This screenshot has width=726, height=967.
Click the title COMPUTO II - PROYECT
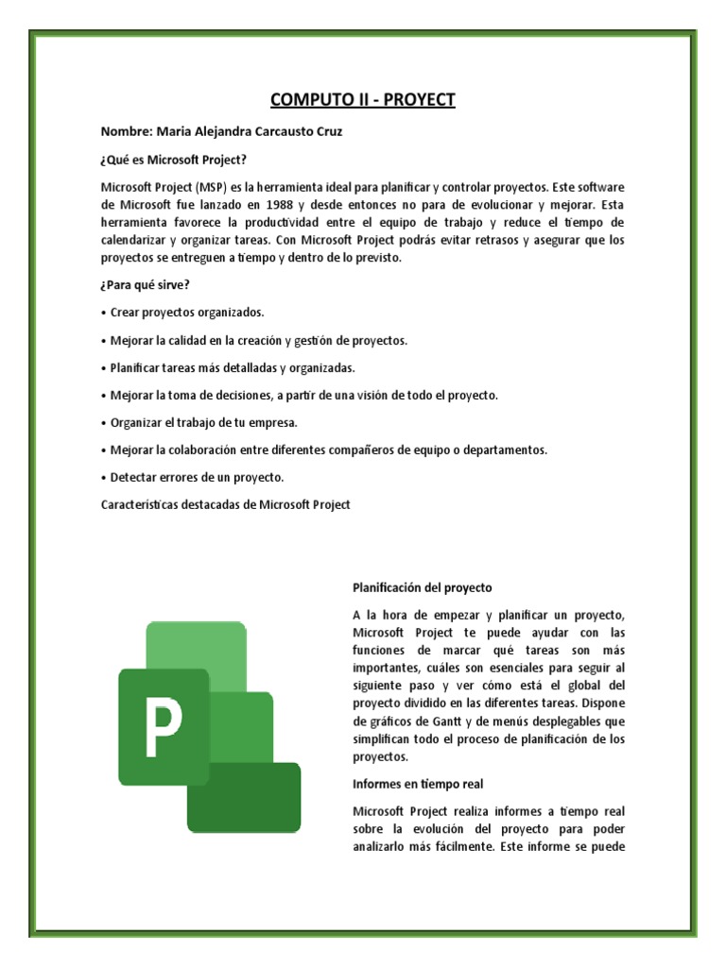362,99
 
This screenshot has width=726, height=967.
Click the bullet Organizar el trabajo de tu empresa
203,422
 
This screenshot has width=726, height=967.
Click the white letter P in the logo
163,725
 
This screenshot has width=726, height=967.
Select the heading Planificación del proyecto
423,587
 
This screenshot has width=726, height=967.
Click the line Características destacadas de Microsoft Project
225,505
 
